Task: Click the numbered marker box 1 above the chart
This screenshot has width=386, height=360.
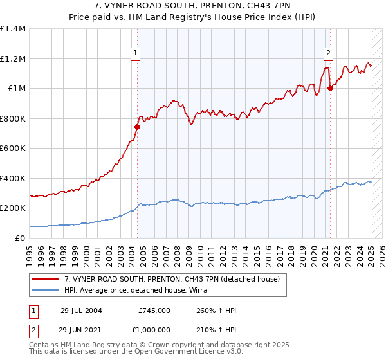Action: pos(136,54)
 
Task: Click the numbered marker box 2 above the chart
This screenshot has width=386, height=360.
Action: pos(328,54)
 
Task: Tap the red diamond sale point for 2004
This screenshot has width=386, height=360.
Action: pos(137,127)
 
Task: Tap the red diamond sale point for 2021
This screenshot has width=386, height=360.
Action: pos(330,89)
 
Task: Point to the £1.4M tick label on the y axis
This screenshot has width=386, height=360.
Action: pos(13,29)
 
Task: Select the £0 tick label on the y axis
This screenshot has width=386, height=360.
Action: pos(21,238)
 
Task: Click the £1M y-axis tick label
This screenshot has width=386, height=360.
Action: pos(17,89)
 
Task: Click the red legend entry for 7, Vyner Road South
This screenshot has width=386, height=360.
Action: pos(172,279)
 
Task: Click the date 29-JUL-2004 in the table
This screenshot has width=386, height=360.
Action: pos(81,310)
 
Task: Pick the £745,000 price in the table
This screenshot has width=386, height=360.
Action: pos(154,310)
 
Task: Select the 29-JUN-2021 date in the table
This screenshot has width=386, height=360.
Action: pos(81,330)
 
